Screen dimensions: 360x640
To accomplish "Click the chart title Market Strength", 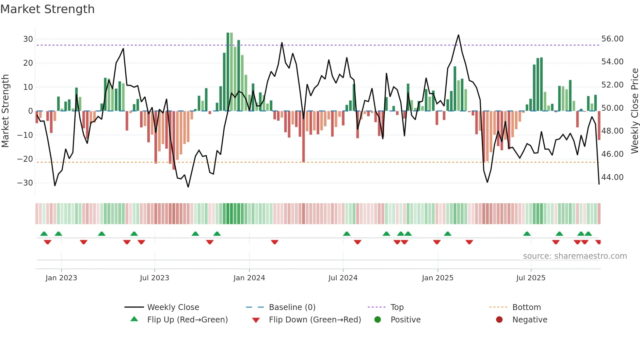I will click(48, 9).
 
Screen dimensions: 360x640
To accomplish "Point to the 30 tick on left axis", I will click(28, 39).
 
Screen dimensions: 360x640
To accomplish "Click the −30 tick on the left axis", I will click(25, 183).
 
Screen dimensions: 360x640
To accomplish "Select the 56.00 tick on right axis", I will click(612, 39).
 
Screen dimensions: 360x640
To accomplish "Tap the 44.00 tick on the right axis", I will click(612, 177).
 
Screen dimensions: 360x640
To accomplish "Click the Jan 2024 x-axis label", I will click(249, 278).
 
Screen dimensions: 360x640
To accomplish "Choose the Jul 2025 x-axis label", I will click(531, 278).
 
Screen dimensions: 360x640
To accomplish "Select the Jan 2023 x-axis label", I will click(61, 278).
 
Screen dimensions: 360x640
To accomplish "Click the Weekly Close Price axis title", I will click(634, 111).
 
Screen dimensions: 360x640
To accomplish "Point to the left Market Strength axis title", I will click(6, 111).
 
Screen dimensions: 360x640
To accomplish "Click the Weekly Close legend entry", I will click(173, 307).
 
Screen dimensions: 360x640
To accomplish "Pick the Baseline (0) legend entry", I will click(292, 307).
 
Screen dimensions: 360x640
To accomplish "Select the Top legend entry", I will click(397, 307).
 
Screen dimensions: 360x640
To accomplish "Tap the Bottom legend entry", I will click(526, 307).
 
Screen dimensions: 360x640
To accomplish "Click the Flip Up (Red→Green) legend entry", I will click(187, 320).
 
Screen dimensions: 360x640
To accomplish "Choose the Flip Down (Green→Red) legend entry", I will click(315, 320).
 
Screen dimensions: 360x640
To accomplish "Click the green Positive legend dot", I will click(377, 320).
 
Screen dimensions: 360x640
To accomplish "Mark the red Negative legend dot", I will click(499, 320).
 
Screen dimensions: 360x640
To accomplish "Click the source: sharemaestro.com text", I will click(575, 256).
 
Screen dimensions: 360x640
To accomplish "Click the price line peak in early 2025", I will click(458, 35).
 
